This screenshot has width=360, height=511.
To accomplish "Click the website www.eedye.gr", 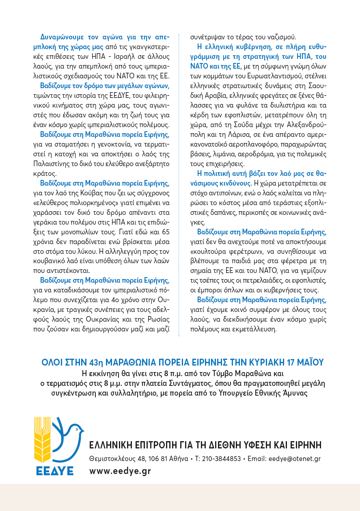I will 120,471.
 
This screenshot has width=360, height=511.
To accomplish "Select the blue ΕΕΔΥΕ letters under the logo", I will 54,471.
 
